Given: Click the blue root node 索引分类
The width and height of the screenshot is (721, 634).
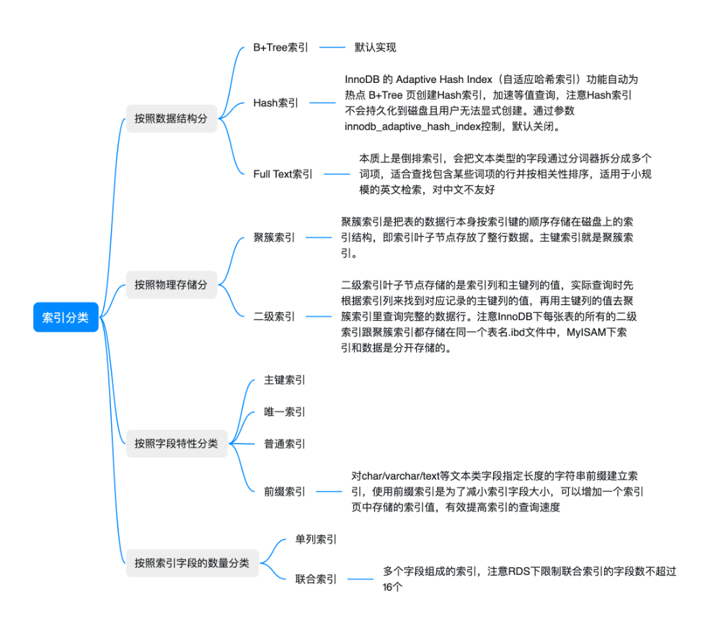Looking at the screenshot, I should [66, 317].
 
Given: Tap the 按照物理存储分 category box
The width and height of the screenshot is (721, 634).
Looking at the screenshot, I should [171, 285].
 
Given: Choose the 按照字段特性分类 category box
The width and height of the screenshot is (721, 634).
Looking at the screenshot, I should [176, 444].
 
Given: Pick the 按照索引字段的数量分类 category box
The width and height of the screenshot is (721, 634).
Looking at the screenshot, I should [192, 563].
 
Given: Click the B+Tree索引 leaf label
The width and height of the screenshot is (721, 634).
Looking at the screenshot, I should [280, 48].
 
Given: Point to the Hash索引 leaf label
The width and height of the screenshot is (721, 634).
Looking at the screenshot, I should [275, 102].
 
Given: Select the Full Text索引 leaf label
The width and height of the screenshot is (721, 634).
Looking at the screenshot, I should [283, 174].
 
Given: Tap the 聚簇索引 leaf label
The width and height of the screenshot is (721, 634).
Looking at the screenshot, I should [274, 237].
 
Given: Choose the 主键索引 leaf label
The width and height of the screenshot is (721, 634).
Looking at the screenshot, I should [285, 379].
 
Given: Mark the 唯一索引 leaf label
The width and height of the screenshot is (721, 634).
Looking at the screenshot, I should [285, 412].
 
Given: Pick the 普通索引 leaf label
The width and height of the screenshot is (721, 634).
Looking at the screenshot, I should [285, 444].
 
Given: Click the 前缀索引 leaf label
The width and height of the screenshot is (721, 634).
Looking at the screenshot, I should [285, 491].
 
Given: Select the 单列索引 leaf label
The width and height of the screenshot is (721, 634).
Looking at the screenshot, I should [316, 539].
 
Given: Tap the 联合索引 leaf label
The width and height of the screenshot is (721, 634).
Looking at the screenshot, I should [316, 578].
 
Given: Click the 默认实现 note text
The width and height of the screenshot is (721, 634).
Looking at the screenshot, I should [375, 48].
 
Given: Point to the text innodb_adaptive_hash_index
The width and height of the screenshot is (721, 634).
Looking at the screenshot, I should [411, 127].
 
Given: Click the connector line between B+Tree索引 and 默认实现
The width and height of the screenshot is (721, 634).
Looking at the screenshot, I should [333, 48].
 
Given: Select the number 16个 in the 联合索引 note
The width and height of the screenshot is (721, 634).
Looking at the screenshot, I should [392, 587].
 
